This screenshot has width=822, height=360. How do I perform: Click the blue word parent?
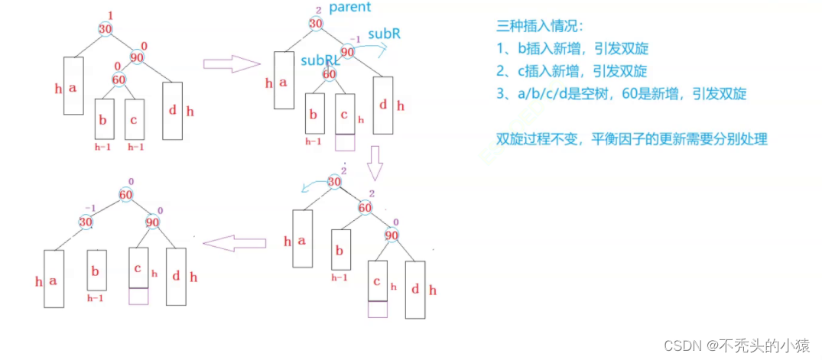pos(349,8)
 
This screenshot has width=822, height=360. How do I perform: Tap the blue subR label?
pos(385,34)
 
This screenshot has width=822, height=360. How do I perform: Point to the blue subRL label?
pos(321,60)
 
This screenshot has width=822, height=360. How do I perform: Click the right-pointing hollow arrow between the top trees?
pos(232,64)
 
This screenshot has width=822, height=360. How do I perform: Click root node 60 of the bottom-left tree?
pos(127,196)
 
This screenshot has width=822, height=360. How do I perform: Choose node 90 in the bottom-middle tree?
pos(392,235)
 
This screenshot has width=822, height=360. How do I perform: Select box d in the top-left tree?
pos(173,109)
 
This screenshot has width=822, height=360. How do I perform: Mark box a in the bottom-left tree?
pos(54,279)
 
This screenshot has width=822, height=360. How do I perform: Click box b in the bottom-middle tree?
pos(341,249)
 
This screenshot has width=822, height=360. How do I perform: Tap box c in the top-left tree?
pos(135,119)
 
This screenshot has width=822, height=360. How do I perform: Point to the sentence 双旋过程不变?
pos(631,139)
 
